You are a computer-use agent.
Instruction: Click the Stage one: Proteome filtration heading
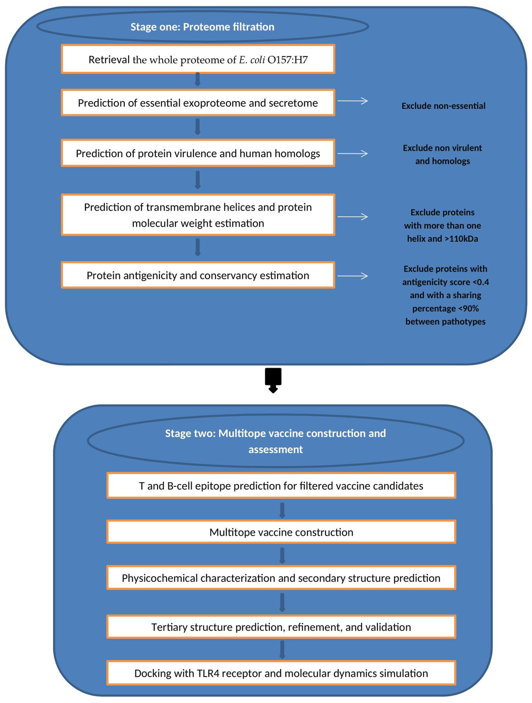coord(202,27)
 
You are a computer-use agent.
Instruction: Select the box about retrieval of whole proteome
coord(198,59)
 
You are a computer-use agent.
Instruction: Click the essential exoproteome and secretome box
coord(198,103)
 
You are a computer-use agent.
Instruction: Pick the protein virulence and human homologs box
coord(198,154)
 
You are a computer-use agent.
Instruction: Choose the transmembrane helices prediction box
coord(198,215)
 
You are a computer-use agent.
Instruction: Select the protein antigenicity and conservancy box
coord(198,276)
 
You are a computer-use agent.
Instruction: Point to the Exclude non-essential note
coord(443,106)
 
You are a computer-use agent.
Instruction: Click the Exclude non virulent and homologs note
coord(442,154)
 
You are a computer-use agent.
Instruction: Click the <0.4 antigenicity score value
coord(481,282)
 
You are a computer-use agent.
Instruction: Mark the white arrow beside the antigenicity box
coord(352,276)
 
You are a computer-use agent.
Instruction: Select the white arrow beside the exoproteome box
coord(352,101)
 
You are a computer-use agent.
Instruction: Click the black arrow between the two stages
coord(273,380)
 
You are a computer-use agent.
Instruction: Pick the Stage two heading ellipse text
coord(276,441)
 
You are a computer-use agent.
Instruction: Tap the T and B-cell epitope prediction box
coord(281,486)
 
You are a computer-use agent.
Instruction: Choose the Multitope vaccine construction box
coord(281,532)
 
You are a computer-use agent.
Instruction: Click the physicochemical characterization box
coord(281,578)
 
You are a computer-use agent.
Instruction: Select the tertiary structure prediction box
coord(281,627)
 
